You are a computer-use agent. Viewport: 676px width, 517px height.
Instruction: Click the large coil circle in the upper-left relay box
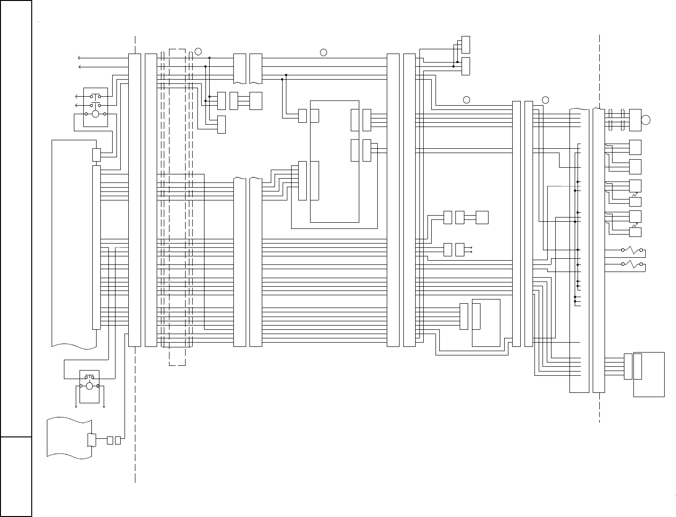pyautogui.click(x=95, y=114)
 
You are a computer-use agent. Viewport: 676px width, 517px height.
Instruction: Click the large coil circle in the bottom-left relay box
pyautogui.click(x=89, y=386)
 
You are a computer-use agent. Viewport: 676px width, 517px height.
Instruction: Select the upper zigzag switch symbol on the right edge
pyautogui.click(x=632, y=250)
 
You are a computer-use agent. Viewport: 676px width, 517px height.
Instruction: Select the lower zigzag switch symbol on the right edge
pyautogui.click(x=632, y=264)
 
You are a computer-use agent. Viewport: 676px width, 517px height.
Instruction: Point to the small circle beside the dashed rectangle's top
pyautogui.click(x=198, y=51)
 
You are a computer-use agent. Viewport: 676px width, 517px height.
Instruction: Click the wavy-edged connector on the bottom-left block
pyautogui.click(x=92, y=440)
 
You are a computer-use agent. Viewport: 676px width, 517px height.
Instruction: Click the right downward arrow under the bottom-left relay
pyautogui.click(x=103, y=406)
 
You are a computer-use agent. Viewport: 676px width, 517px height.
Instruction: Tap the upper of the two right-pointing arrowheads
pyautogui.click(x=471, y=247)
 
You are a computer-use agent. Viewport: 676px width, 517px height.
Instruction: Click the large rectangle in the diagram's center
pyautogui.click(x=334, y=161)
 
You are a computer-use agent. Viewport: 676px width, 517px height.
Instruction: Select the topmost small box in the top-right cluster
pyautogui.click(x=466, y=45)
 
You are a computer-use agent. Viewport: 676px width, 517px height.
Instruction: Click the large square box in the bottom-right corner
pyautogui.click(x=649, y=374)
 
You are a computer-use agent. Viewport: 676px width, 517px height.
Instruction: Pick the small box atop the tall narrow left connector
pyautogui.click(x=96, y=155)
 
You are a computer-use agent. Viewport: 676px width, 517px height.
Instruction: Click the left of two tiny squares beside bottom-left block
pyautogui.click(x=110, y=440)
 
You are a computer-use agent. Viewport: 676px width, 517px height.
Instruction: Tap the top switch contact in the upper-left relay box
pyautogui.click(x=95, y=97)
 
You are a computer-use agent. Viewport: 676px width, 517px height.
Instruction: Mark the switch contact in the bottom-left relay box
pyautogui.click(x=89, y=377)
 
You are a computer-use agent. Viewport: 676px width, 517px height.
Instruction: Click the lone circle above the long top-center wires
pyautogui.click(x=323, y=52)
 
